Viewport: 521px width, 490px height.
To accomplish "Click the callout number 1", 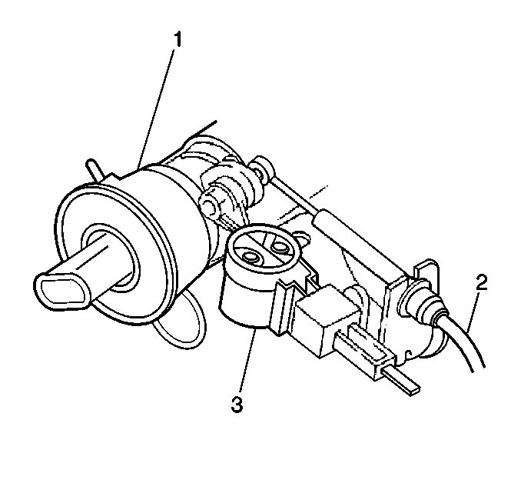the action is (x=178, y=40).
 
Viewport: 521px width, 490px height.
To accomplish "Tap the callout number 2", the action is (x=481, y=283).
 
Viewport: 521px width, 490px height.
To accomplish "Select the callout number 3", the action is (x=237, y=404).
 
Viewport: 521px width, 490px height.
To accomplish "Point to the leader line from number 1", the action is (x=157, y=108).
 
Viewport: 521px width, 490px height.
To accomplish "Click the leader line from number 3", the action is (x=247, y=360).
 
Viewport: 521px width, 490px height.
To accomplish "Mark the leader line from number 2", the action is (x=473, y=312).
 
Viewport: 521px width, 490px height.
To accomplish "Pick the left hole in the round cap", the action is (x=251, y=257).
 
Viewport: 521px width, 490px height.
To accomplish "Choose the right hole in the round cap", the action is (x=279, y=246).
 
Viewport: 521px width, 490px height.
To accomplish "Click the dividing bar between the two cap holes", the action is (x=265, y=252).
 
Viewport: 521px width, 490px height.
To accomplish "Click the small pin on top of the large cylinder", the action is (x=95, y=169).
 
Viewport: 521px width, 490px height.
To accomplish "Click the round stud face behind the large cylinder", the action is (x=208, y=205).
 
